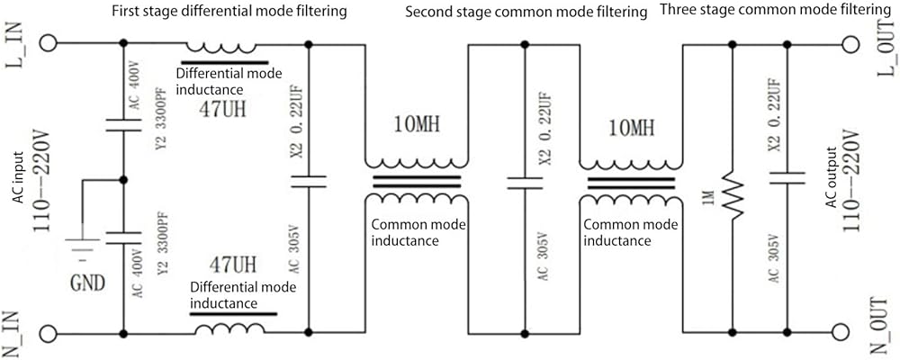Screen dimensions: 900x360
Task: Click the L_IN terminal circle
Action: coord(49,43)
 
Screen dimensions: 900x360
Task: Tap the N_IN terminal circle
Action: coord(49,332)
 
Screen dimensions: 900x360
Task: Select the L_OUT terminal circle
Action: coord(851,43)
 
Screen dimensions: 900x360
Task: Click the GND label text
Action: coord(88,283)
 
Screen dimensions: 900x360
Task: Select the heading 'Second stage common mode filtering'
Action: coord(523,12)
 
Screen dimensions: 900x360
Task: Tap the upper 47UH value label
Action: coord(222,108)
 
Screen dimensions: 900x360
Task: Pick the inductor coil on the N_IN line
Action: coord(229,328)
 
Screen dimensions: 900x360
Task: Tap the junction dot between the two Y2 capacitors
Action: coord(122,180)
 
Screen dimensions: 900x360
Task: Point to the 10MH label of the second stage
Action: coord(418,123)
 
